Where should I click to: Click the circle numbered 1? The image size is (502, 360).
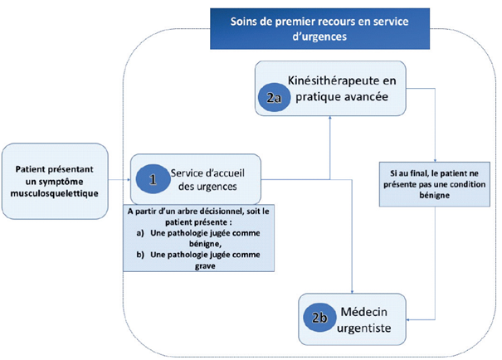pos(152,178)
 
